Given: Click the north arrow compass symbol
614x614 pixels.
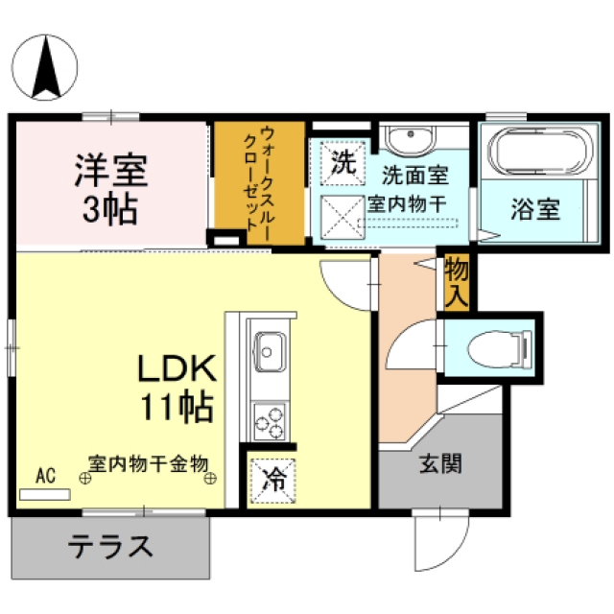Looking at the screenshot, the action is pyautogui.click(x=45, y=67).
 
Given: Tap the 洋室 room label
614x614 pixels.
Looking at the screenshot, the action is pyautogui.click(x=111, y=171).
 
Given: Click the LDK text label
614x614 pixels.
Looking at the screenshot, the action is pyautogui.click(x=177, y=368).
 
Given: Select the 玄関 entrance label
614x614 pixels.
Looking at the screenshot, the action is pyautogui.click(x=441, y=463).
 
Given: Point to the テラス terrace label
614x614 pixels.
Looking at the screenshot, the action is pyautogui.click(x=110, y=547).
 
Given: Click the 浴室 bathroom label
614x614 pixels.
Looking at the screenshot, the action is pyautogui.click(x=535, y=209).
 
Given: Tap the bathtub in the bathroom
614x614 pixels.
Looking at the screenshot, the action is pyautogui.click(x=540, y=151).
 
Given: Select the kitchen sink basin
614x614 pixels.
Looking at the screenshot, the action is pyautogui.click(x=270, y=352).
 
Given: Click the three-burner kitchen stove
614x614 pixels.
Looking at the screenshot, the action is pyautogui.click(x=269, y=422).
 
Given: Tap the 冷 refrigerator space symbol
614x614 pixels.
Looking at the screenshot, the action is pyautogui.click(x=273, y=481).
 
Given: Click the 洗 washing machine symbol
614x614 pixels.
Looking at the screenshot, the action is pyautogui.click(x=343, y=162).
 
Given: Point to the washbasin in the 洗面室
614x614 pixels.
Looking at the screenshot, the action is pyautogui.click(x=410, y=140).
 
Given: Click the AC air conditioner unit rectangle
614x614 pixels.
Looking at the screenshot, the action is pyautogui.click(x=45, y=494).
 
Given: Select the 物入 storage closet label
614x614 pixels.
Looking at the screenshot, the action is pyautogui.click(x=457, y=282).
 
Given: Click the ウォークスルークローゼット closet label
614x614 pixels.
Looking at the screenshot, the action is pyautogui.click(x=259, y=181).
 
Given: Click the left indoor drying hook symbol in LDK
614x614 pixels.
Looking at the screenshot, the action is pyautogui.click(x=85, y=478).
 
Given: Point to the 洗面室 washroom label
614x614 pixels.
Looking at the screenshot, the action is pyautogui.click(x=415, y=175).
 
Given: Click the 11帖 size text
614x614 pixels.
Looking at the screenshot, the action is pyautogui.click(x=177, y=407).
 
